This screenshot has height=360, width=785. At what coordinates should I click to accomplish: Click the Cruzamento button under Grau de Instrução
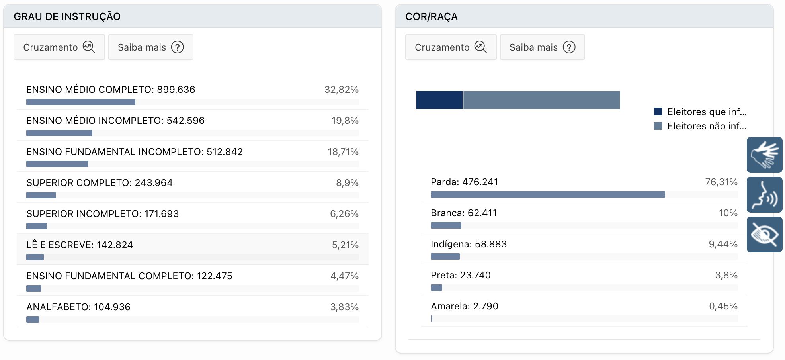(x=59, y=47)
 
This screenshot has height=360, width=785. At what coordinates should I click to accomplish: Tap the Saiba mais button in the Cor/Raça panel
(x=542, y=47)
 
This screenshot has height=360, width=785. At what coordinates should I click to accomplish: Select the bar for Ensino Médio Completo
(x=81, y=102)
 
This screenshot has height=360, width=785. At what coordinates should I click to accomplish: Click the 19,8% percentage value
(x=345, y=121)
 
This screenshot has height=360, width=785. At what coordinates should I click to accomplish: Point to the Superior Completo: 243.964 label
(x=100, y=183)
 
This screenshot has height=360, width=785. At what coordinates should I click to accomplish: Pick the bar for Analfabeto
(x=33, y=319)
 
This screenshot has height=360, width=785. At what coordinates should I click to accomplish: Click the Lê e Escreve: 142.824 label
(x=80, y=245)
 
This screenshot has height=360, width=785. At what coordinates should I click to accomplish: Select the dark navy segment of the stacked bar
(x=439, y=100)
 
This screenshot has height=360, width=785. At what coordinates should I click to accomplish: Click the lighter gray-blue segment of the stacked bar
(x=541, y=100)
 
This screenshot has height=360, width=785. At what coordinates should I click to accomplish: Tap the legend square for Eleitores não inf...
(x=658, y=126)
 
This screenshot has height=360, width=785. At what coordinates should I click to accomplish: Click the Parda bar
(x=547, y=194)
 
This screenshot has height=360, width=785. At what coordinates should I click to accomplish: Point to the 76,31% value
(x=721, y=182)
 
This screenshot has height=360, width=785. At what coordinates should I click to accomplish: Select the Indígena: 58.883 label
(x=469, y=244)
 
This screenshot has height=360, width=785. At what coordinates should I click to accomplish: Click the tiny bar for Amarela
(x=432, y=319)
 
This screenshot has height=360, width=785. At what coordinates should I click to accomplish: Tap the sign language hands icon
(x=764, y=155)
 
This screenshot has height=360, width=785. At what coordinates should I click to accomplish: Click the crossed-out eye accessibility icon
(x=764, y=235)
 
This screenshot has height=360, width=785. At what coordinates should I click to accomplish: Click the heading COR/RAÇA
(x=431, y=16)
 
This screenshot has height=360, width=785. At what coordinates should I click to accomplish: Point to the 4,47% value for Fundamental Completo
(x=344, y=276)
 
